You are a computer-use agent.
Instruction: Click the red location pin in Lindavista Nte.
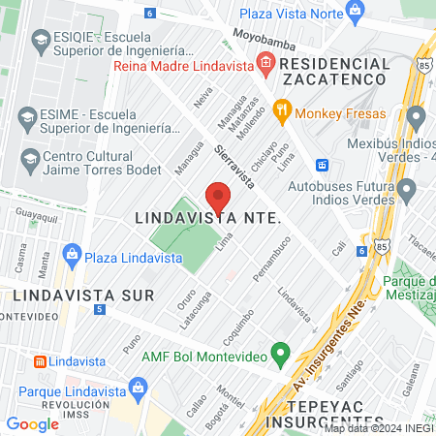(218, 197)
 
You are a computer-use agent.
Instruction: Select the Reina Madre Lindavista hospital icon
(265, 66)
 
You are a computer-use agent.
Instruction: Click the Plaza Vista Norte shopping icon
(356, 14)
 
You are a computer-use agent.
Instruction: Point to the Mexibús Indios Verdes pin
(417, 118)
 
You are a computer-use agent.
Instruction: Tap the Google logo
(32, 423)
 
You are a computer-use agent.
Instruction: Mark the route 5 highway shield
(100, 309)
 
